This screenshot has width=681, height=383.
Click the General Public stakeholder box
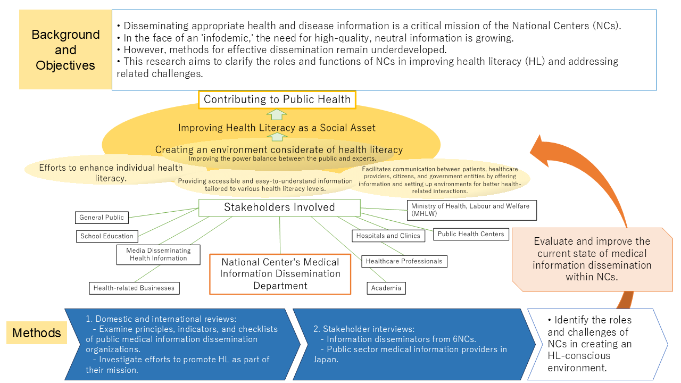(102, 217)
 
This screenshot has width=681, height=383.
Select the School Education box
(107, 236)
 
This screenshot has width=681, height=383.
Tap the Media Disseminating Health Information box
(159, 254)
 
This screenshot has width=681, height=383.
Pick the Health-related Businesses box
(134, 288)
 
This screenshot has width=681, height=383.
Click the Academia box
(386, 288)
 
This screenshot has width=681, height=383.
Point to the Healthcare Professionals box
(404, 261)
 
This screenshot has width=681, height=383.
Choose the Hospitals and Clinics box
(388, 236)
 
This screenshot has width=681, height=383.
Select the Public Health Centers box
(471, 234)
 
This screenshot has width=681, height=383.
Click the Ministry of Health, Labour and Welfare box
(471, 210)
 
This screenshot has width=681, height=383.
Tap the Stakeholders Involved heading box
(279, 207)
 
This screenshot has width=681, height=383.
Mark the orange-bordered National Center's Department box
(280, 274)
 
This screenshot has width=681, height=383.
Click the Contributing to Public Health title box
(277, 99)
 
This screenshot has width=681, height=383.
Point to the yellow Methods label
(37, 333)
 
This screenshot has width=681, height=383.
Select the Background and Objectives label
(65, 50)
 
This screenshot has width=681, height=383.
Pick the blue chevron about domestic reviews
(181, 344)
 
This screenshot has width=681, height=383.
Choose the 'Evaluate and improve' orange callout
(592, 259)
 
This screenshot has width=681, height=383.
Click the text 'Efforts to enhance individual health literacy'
(111, 173)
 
